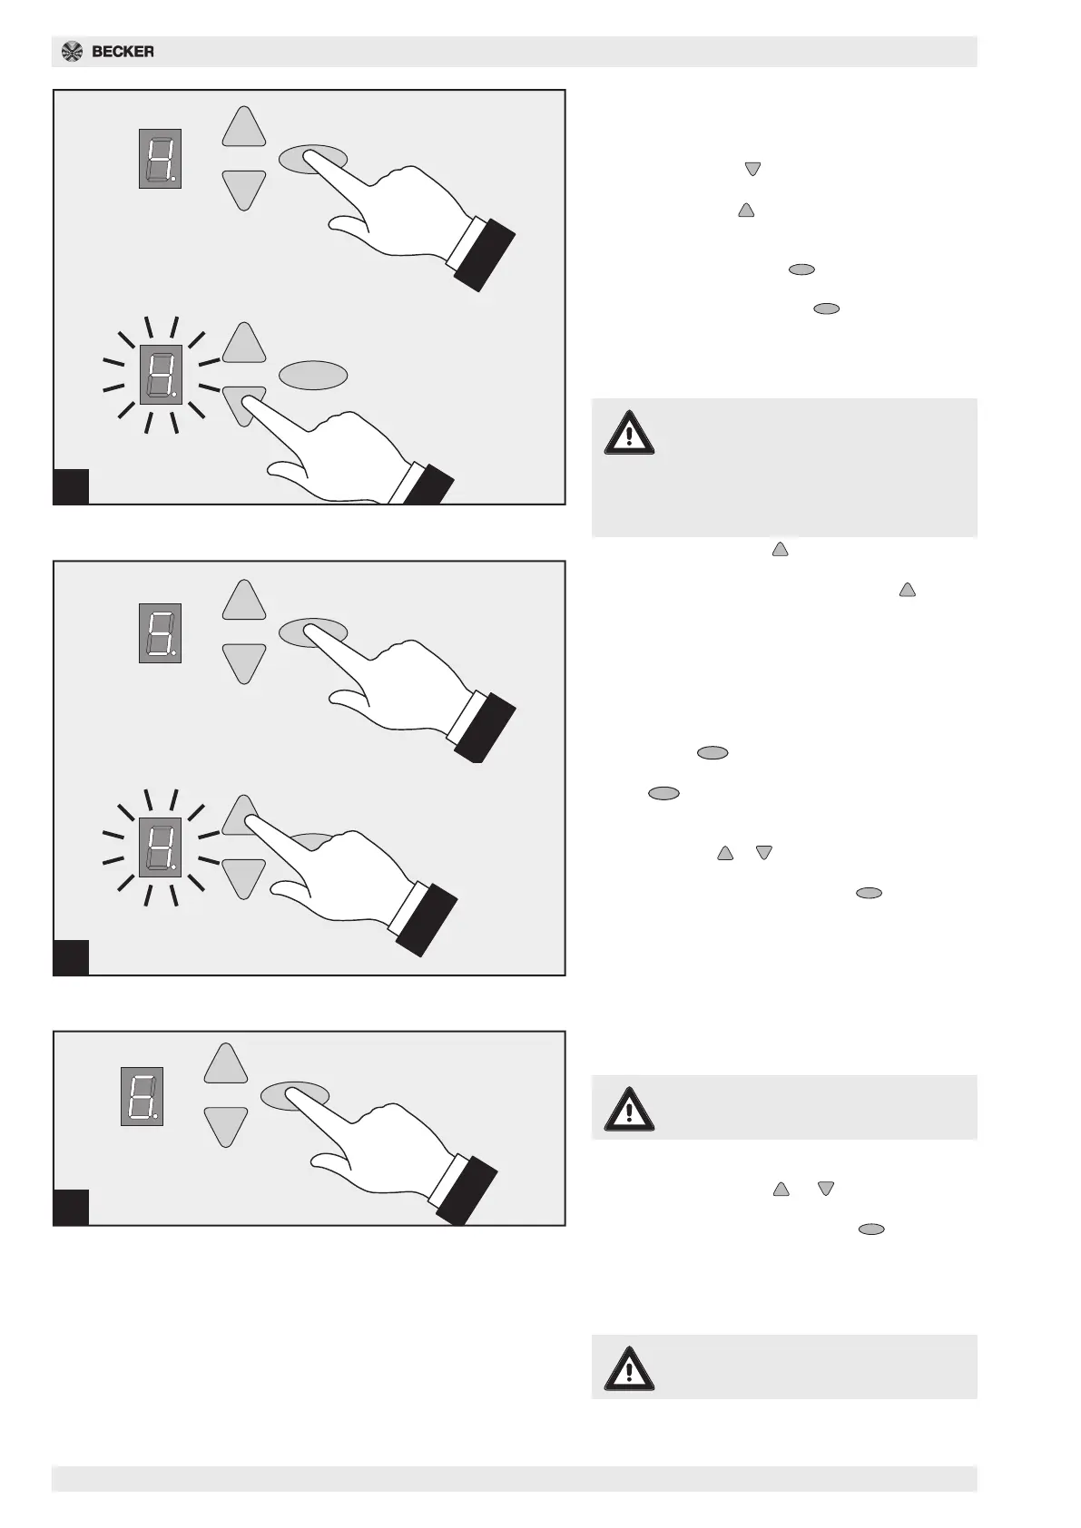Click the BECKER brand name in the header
(x=123, y=52)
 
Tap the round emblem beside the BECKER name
(x=72, y=52)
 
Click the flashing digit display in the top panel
(x=161, y=375)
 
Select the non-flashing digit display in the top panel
(x=160, y=159)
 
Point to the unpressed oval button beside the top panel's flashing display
(x=313, y=375)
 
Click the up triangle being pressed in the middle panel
(x=241, y=815)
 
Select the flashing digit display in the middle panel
(x=161, y=847)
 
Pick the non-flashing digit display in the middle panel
(x=160, y=632)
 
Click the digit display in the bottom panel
(x=142, y=1096)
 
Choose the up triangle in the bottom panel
(x=226, y=1064)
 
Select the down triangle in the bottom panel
(x=226, y=1125)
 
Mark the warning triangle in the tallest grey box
(x=629, y=433)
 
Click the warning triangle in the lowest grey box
(x=629, y=1368)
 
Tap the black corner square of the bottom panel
(x=71, y=1207)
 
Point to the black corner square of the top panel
(x=71, y=485)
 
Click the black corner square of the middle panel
(x=71, y=957)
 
